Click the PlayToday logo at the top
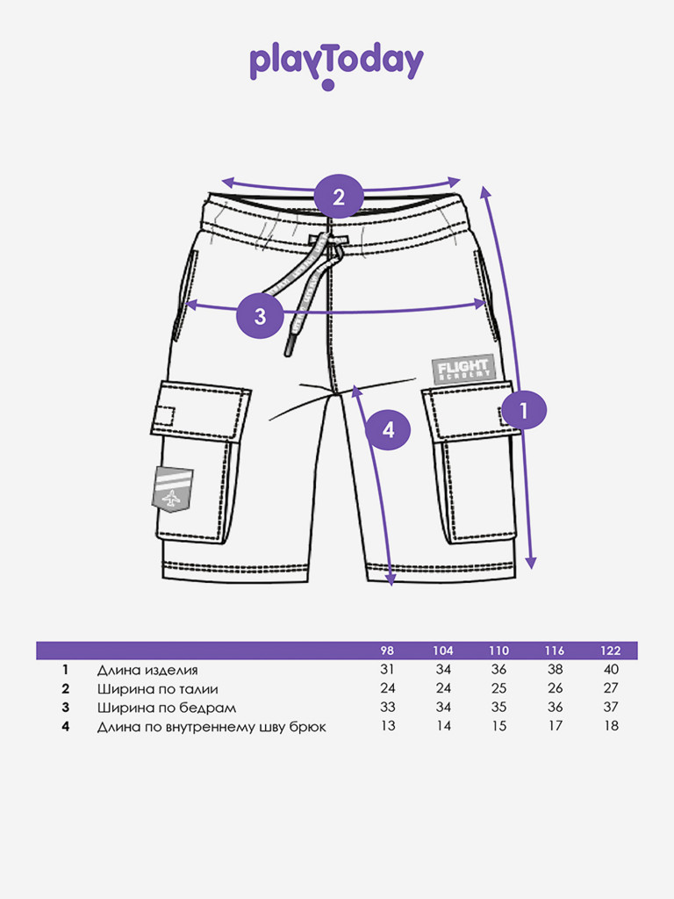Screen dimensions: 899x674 [336, 63]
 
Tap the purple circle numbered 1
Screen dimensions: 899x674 [524, 409]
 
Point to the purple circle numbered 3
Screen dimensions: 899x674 [260, 316]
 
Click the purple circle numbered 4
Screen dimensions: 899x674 [387, 429]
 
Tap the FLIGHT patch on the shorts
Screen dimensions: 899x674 [463, 369]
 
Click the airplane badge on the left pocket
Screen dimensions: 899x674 [173, 487]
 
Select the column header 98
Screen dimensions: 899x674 [387, 651]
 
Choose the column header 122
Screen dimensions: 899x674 [611, 651]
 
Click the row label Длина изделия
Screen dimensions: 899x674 [147, 670]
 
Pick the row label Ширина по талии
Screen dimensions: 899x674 [157, 688]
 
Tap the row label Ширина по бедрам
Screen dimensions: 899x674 [166, 707]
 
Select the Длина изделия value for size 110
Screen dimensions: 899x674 [498, 670]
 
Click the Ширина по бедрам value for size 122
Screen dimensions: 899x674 [611, 707]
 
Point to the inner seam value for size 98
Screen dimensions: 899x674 [387, 725]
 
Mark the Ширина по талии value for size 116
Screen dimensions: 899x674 [555, 688]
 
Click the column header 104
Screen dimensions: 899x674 [442, 651]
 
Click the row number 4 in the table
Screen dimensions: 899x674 [65, 725]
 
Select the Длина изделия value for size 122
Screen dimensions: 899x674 [611, 670]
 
